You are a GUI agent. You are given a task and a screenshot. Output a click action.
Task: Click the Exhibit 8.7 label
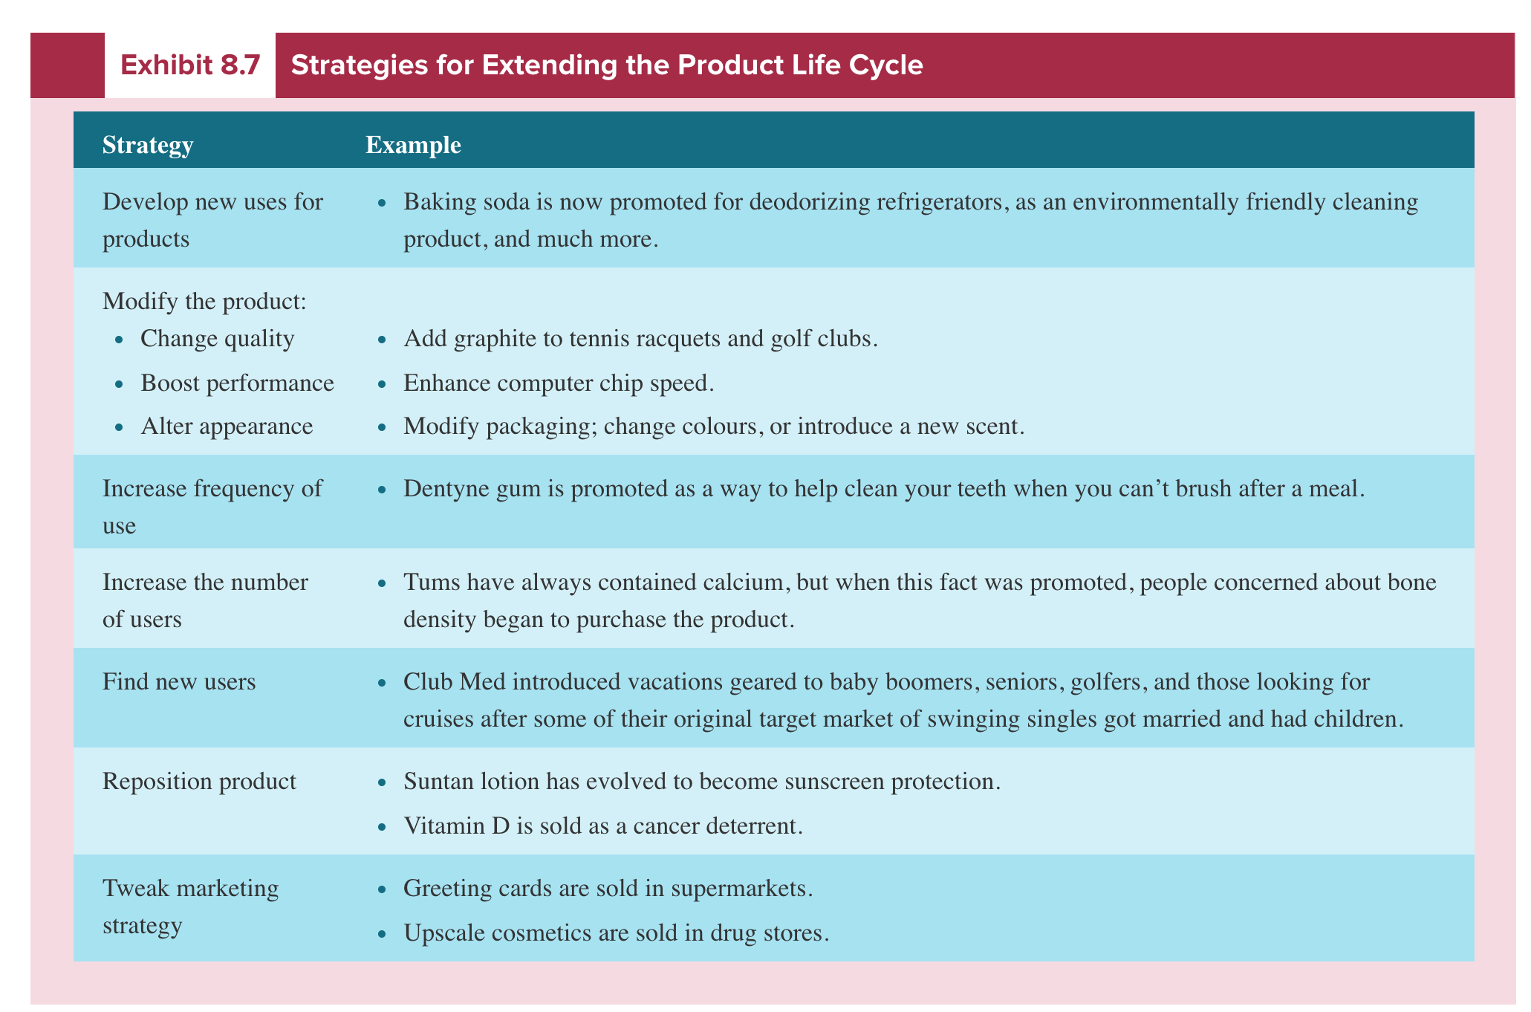click(189, 66)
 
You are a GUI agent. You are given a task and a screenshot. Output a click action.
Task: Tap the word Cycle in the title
click(886, 66)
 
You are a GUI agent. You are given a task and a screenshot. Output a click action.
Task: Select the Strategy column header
click(148, 145)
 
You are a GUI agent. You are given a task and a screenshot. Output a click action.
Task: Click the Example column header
click(413, 145)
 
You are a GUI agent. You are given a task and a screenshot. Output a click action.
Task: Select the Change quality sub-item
click(217, 339)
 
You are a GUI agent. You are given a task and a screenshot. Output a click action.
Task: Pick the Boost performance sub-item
click(237, 383)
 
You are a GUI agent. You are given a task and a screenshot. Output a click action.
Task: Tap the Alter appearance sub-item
click(227, 426)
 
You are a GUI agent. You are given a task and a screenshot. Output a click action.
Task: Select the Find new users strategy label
click(178, 681)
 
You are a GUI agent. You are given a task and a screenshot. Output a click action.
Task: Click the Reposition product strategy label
click(199, 781)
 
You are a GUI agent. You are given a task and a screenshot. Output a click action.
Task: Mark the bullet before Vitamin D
click(382, 827)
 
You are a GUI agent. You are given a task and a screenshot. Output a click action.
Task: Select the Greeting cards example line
click(608, 889)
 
